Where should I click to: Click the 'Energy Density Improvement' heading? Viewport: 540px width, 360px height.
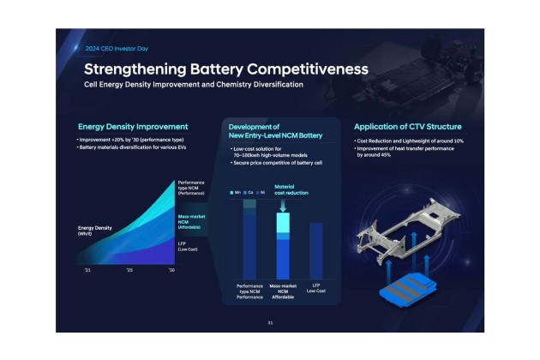click(133, 127)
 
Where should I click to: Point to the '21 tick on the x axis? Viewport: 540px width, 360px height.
click(86, 269)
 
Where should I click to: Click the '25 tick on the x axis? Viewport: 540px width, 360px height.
click(129, 269)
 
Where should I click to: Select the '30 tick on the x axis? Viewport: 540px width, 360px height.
click(171, 269)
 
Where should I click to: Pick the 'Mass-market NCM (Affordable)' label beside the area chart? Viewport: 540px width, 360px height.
click(190, 222)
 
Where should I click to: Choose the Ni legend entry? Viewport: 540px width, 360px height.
click(262, 192)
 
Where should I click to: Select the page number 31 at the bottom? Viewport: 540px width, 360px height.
click(269, 322)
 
